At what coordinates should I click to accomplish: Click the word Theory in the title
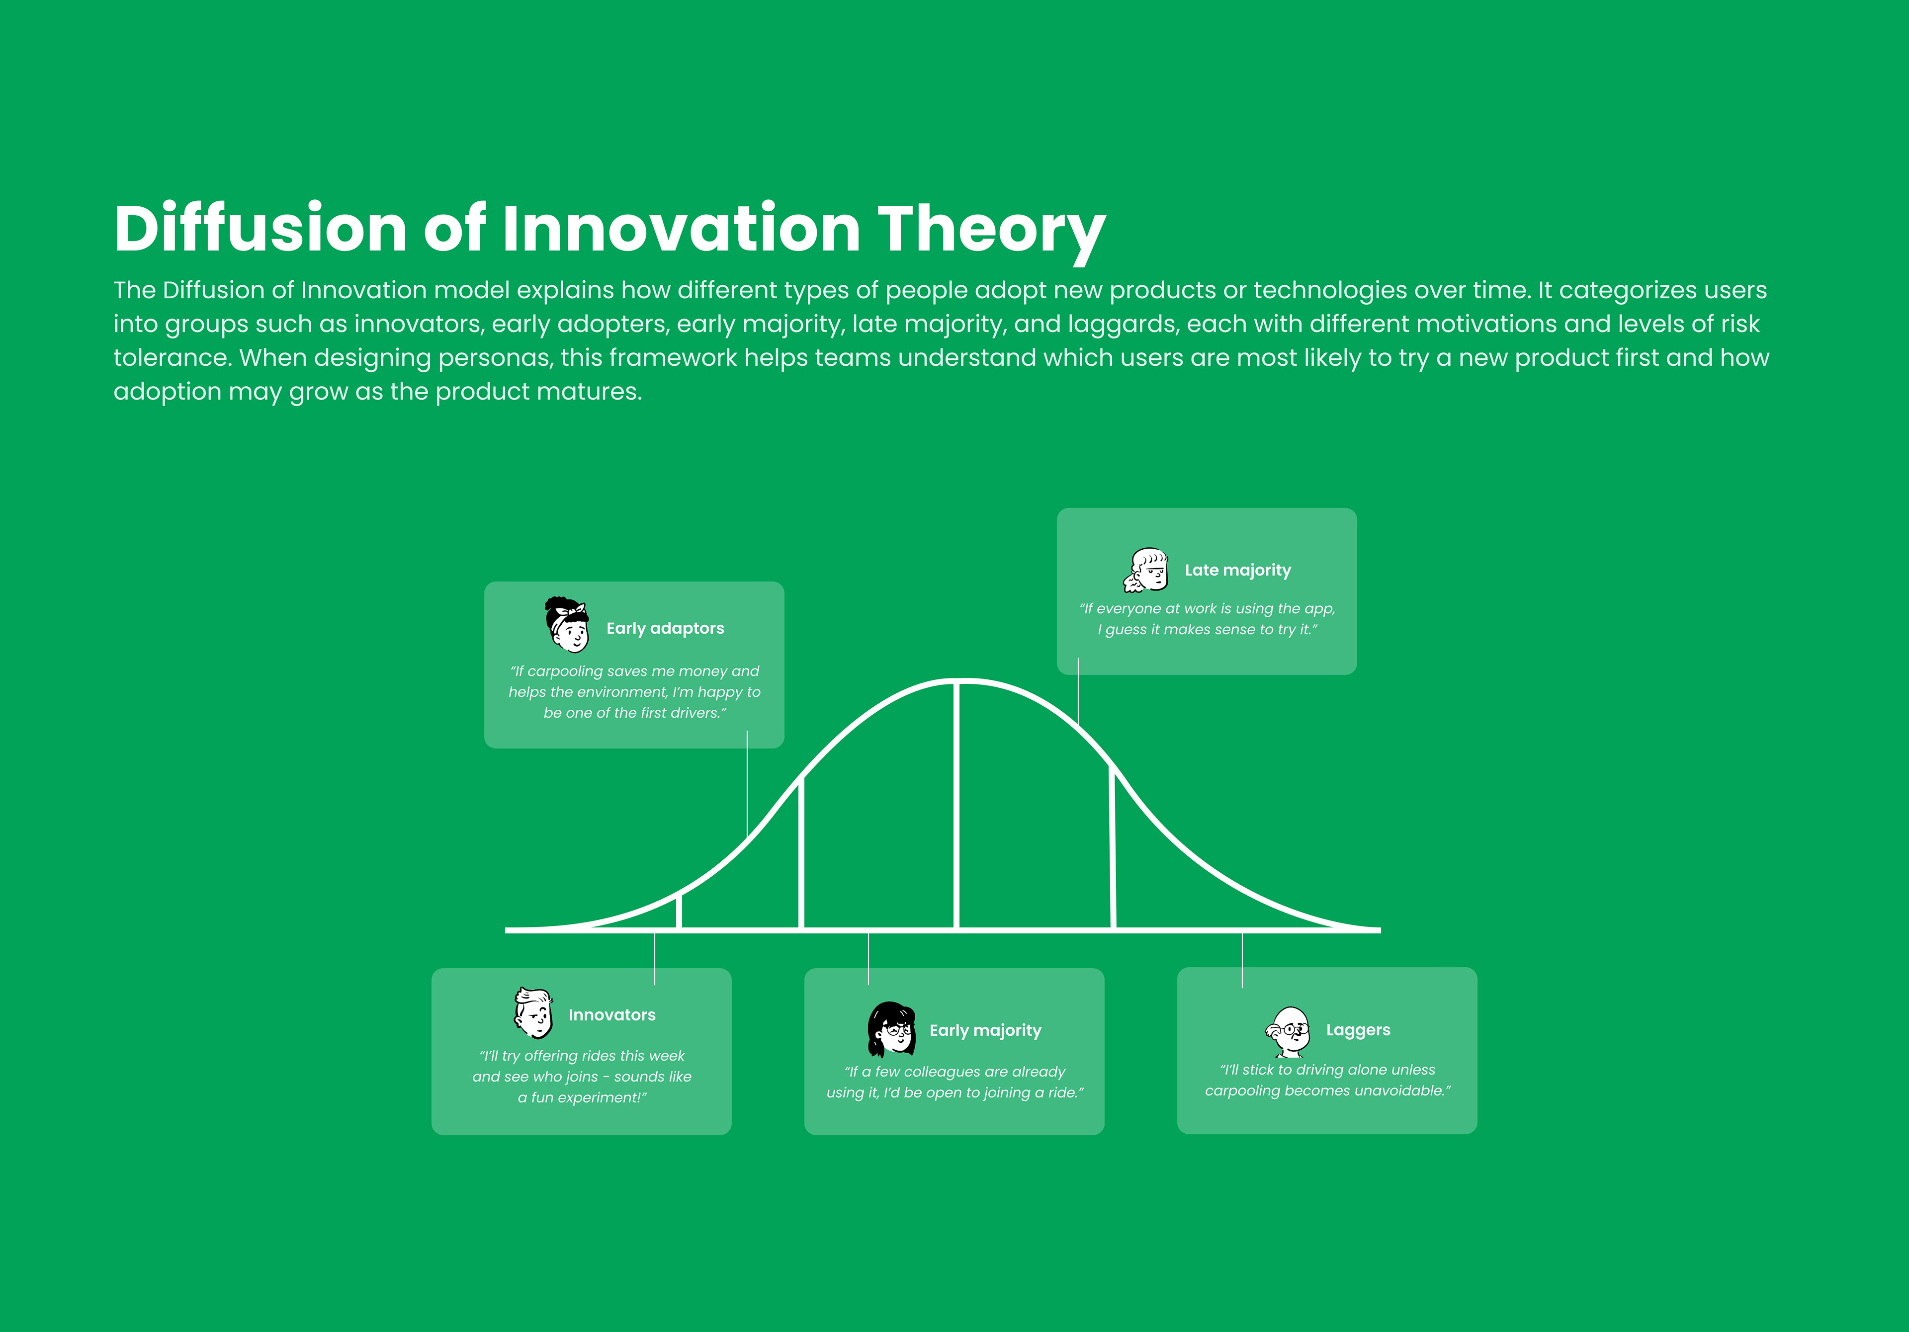991,230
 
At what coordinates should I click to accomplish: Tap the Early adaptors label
665,629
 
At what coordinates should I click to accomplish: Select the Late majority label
1238,571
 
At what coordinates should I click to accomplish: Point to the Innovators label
612,1015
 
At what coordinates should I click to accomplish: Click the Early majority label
985,1031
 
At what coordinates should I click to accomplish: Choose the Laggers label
1358,1030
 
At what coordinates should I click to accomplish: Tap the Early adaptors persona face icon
567,624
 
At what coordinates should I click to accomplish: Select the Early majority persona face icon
891,1028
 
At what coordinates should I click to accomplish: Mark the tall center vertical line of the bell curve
957,805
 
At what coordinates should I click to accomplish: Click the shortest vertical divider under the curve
679,911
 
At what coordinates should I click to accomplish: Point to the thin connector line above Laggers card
1242,960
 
